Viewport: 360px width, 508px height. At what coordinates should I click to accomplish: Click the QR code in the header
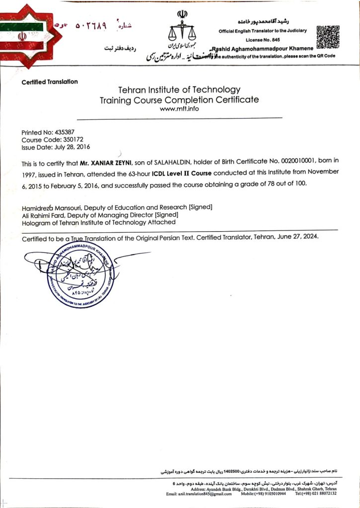coord(328,36)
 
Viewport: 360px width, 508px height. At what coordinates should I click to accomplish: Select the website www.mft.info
coord(179,109)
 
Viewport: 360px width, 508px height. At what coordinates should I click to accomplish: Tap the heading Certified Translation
coord(50,82)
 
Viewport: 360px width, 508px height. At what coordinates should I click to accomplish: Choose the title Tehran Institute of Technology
coord(179,90)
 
